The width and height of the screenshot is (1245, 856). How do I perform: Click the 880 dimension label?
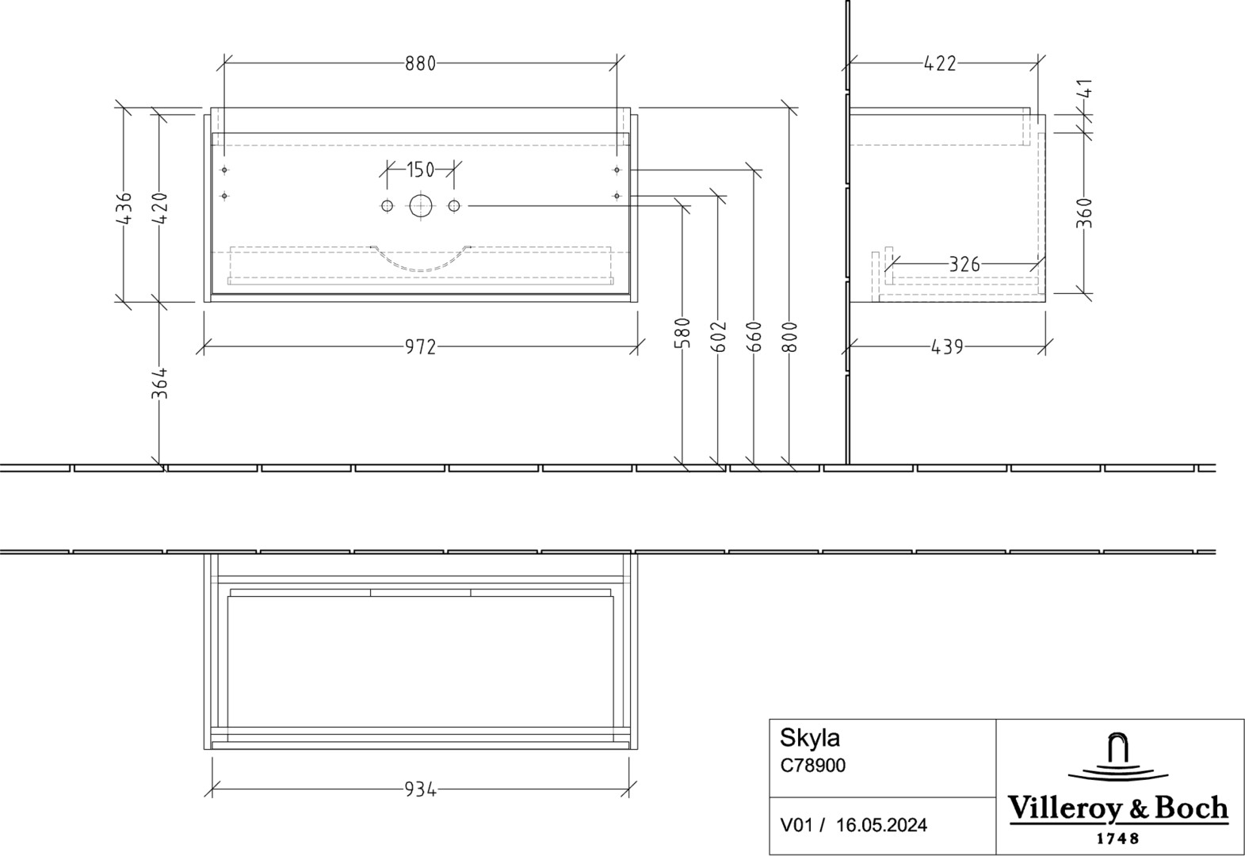pyautogui.click(x=420, y=64)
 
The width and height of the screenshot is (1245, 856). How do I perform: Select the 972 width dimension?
pyautogui.click(x=420, y=347)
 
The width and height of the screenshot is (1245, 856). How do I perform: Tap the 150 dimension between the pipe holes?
pyautogui.click(x=420, y=170)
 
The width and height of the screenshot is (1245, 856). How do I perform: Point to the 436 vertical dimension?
pyautogui.click(x=124, y=208)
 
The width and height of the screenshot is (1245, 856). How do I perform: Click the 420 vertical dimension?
pyautogui.click(x=159, y=208)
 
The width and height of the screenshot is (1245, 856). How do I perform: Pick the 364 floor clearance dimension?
pyautogui.click(x=159, y=383)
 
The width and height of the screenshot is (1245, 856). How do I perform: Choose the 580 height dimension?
pyautogui.click(x=682, y=332)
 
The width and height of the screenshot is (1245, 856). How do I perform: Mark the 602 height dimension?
pyautogui.click(x=718, y=336)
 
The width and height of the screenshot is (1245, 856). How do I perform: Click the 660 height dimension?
pyautogui.click(x=754, y=336)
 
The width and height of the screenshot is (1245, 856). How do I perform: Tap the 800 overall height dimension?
pyautogui.click(x=789, y=336)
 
